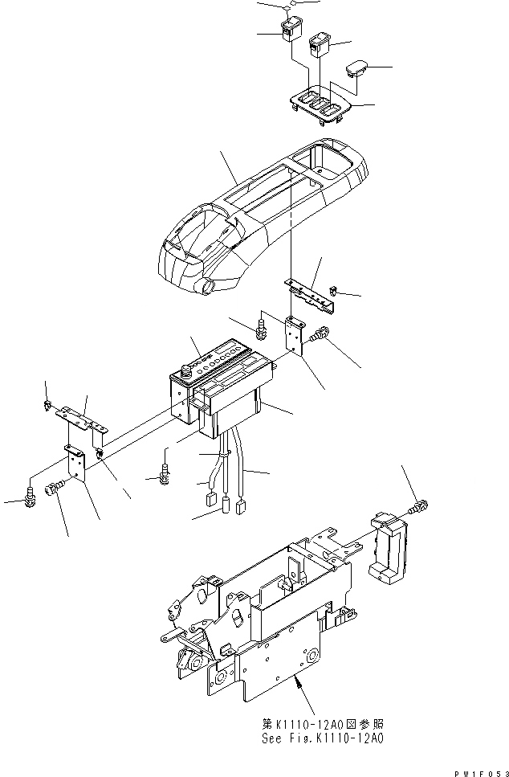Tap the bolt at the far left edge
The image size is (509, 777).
coord(31,497)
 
